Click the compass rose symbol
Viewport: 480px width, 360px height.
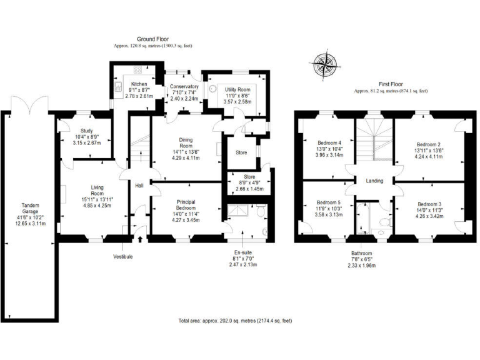coord(324,64)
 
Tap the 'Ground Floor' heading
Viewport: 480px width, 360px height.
coord(153,39)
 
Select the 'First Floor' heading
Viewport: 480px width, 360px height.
coord(391,83)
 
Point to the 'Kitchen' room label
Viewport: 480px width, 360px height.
coord(139,84)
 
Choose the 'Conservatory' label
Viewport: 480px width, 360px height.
coord(184,87)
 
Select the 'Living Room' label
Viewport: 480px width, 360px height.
coord(97,191)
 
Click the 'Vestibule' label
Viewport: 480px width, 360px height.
coord(123,256)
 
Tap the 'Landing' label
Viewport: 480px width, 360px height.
coord(374,181)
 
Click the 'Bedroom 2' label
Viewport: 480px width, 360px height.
coord(429,143)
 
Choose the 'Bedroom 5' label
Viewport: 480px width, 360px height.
coord(328,203)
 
